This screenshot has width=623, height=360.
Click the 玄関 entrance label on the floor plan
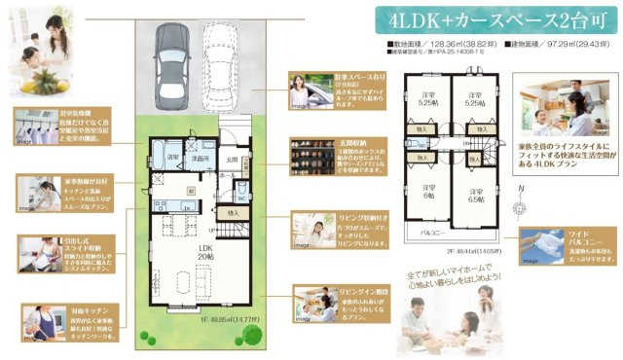coord(233,162)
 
